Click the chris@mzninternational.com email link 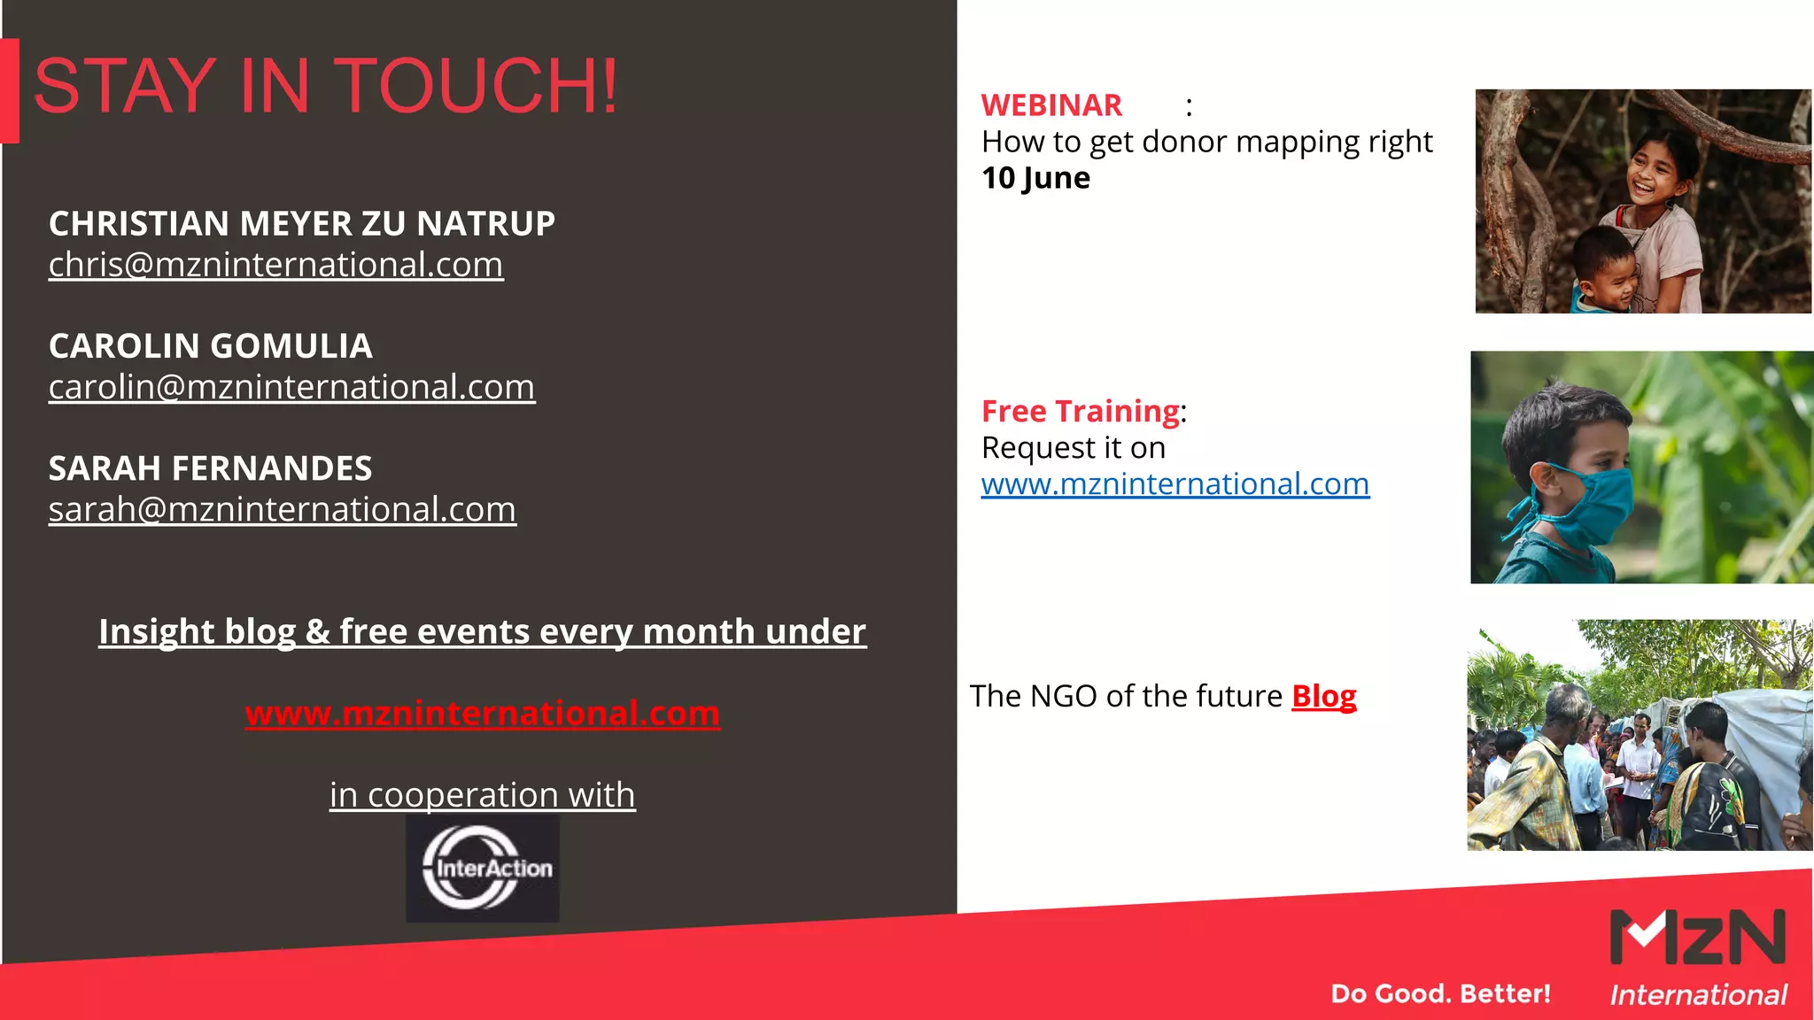275,265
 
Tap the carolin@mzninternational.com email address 291,387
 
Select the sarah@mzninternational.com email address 282,509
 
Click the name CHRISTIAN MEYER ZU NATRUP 301,223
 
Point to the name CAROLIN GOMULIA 210,345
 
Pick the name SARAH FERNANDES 210,467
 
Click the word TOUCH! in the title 477,86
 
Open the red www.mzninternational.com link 482,713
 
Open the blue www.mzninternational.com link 1174,483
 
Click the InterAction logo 483,868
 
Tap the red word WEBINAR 1051,105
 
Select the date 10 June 1035,178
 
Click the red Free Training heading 1080,411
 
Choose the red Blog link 1323,696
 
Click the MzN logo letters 1697,937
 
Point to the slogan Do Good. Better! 1440,993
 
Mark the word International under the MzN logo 1698,995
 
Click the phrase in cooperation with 482,794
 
